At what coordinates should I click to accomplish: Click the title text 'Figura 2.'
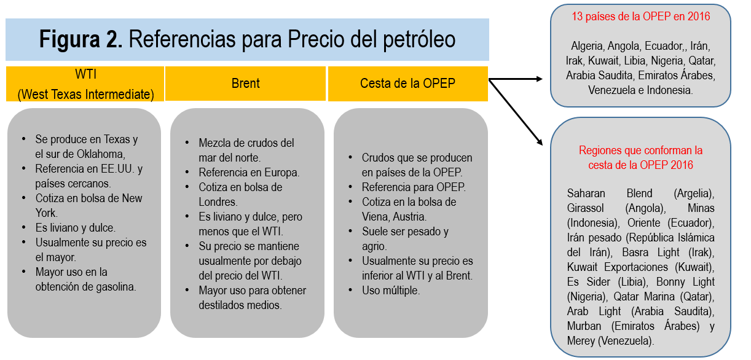pos(81,40)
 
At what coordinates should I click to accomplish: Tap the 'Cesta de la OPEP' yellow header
pos(407,83)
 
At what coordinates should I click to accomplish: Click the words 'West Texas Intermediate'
pos(85,95)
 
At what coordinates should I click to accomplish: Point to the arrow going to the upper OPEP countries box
pos(516,79)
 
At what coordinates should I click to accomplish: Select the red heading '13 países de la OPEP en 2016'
pos(640,17)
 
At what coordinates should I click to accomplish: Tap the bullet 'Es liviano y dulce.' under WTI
pos(76,227)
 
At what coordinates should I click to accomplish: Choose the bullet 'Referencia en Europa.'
pos(249,173)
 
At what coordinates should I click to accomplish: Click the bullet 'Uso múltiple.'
pos(391,291)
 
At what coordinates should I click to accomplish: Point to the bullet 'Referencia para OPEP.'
pos(414,187)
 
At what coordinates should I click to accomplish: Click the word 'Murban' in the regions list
pos(584,326)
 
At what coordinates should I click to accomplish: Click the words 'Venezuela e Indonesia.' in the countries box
pos(640,90)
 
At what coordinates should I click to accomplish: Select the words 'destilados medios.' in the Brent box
pos(240,305)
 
